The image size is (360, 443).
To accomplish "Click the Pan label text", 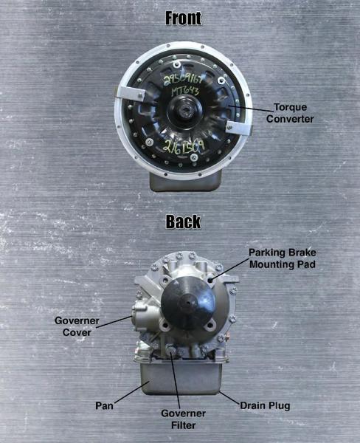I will point(104,405).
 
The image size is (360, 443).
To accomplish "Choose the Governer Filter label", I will point(183,418).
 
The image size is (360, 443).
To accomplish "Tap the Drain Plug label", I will point(265,405).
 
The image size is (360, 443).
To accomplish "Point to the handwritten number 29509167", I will point(187,78).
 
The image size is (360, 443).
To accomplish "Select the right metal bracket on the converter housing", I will point(235,127).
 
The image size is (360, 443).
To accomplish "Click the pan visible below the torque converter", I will point(185,181).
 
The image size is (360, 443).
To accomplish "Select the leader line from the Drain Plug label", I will point(229,392).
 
